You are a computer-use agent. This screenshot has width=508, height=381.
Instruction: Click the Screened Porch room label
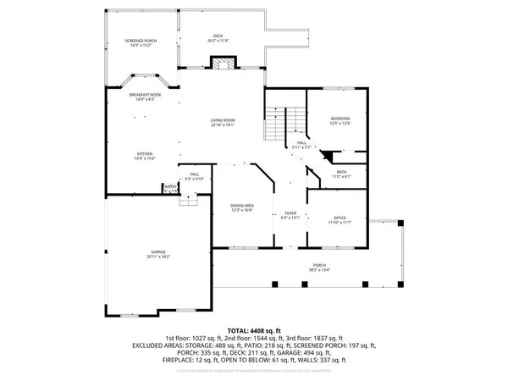pyautogui.click(x=141, y=41)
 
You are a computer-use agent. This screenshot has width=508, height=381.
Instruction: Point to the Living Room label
pyautogui.click(x=223, y=120)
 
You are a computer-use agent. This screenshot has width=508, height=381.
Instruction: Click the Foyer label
pyautogui.click(x=290, y=213)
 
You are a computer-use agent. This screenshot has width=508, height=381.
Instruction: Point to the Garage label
pyautogui.click(x=158, y=251)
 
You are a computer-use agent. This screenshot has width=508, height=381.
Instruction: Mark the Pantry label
pyautogui.click(x=170, y=186)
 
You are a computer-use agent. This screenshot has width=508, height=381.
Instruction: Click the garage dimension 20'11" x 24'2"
pyautogui.click(x=158, y=257)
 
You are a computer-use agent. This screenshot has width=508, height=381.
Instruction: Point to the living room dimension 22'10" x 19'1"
pyautogui.click(x=223, y=125)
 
